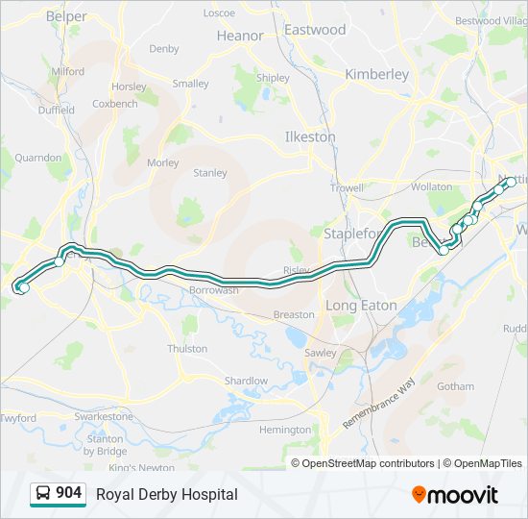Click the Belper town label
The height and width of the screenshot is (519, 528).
(x=66, y=16)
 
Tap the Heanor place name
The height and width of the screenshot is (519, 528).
(x=240, y=36)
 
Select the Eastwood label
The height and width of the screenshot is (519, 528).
(x=315, y=30)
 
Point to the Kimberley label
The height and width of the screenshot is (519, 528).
(x=376, y=74)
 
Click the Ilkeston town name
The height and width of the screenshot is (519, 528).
(x=310, y=136)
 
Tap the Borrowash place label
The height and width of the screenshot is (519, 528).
(x=213, y=289)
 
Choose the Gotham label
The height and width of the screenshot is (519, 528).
(x=454, y=386)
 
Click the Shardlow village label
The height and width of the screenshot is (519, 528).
(x=246, y=381)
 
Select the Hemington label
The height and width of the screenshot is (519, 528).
(x=285, y=430)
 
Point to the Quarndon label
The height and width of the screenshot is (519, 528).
(x=37, y=157)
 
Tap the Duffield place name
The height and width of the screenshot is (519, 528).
(x=56, y=111)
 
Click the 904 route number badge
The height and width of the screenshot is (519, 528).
(x=68, y=493)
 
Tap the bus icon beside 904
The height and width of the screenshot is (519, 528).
(x=43, y=494)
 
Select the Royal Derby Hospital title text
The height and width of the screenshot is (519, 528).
(x=166, y=494)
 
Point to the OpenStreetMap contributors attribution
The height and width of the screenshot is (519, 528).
(x=368, y=463)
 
